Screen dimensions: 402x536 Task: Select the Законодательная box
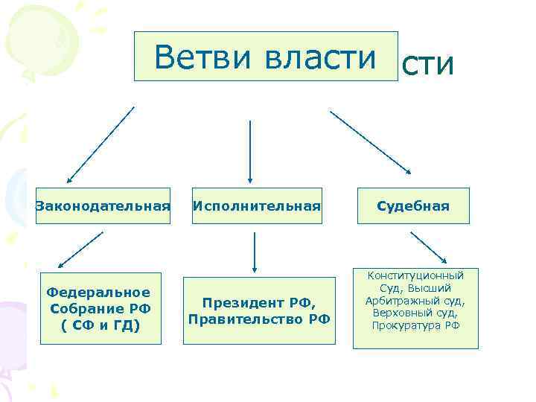point(103,205)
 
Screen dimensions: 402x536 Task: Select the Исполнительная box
point(257,205)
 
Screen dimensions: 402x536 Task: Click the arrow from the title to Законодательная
point(100,144)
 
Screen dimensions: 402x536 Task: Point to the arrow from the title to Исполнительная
point(250,151)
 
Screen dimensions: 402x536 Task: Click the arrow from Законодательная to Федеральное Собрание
point(80,249)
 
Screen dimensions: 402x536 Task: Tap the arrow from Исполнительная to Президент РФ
point(255,252)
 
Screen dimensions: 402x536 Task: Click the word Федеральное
point(98,292)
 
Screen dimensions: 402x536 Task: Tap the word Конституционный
point(415,276)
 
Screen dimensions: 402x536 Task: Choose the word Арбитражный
point(406,301)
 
